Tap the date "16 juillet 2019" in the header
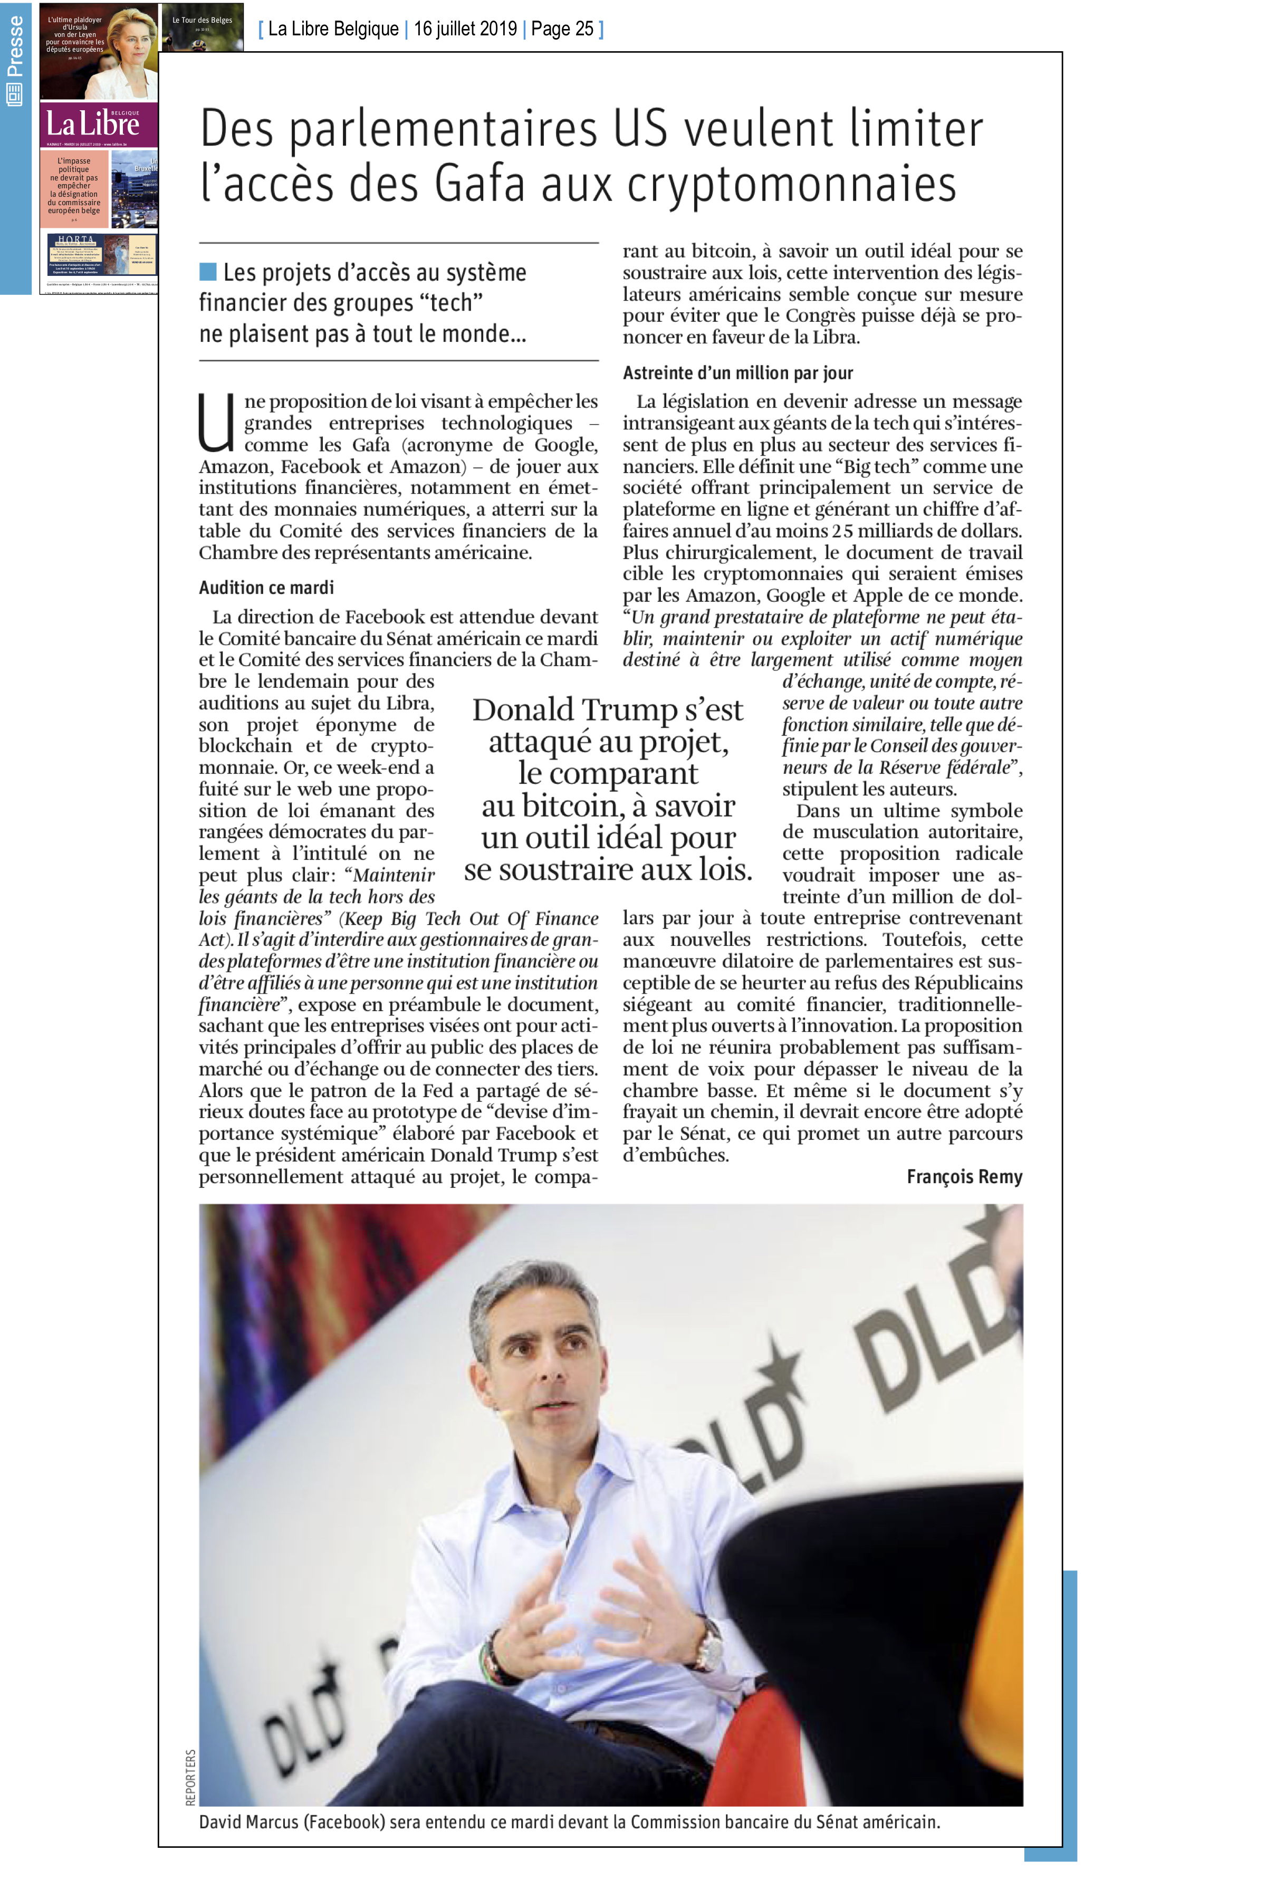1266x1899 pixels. pos(465,29)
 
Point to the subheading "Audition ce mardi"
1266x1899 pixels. pos(266,588)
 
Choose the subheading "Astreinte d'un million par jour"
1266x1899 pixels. pos(738,373)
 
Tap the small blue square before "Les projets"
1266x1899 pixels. pos(207,272)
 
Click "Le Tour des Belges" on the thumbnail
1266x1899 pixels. pos(202,20)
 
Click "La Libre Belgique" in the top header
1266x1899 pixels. pos(333,29)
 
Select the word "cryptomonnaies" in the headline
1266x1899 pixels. pos(791,184)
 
